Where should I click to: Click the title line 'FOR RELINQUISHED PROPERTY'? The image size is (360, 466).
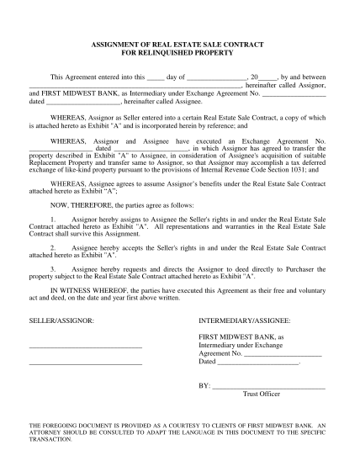tap(180, 51)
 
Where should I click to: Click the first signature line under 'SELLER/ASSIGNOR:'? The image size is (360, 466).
tap(85, 347)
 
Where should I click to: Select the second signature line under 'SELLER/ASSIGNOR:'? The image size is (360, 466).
tap(85, 363)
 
